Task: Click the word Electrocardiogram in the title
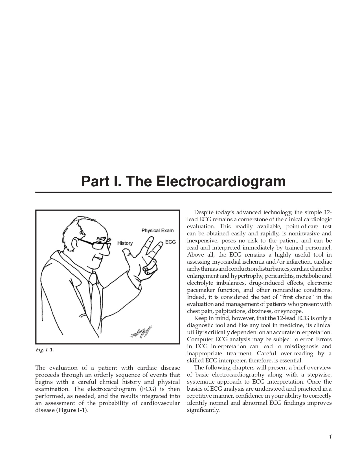pos(221,181)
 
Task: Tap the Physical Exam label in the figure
pos(157,231)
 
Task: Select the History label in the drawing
pos(125,243)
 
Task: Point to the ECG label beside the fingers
pos(170,242)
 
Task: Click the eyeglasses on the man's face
pos(95,244)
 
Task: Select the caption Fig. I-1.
pos(45,350)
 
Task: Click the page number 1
pos(330,437)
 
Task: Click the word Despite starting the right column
pos(204,212)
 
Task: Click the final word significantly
pos(203,410)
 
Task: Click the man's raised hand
pos(141,260)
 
